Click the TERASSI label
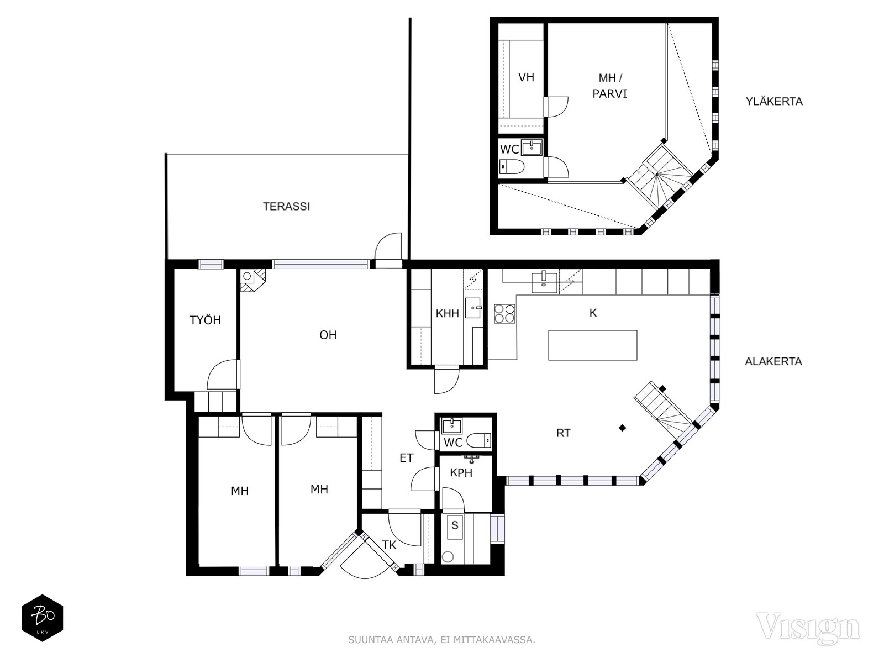click(286, 207)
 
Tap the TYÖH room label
click(205, 320)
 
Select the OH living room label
click(328, 335)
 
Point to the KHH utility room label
click(448, 313)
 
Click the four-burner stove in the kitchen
click(504, 314)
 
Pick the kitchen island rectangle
click(592, 345)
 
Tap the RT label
click(563, 433)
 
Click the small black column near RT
click(622, 428)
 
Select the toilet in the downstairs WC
click(478, 440)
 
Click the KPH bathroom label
click(461, 472)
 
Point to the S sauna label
click(455, 525)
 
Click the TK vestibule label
click(388, 545)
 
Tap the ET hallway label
click(406, 457)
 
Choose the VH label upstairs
click(526, 77)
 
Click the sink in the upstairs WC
click(532, 148)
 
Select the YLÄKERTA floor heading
click(774, 102)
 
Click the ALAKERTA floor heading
click(773, 361)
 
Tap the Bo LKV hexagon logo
click(43, 618)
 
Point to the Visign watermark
click(808, 628)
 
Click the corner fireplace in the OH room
click(253, 280)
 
